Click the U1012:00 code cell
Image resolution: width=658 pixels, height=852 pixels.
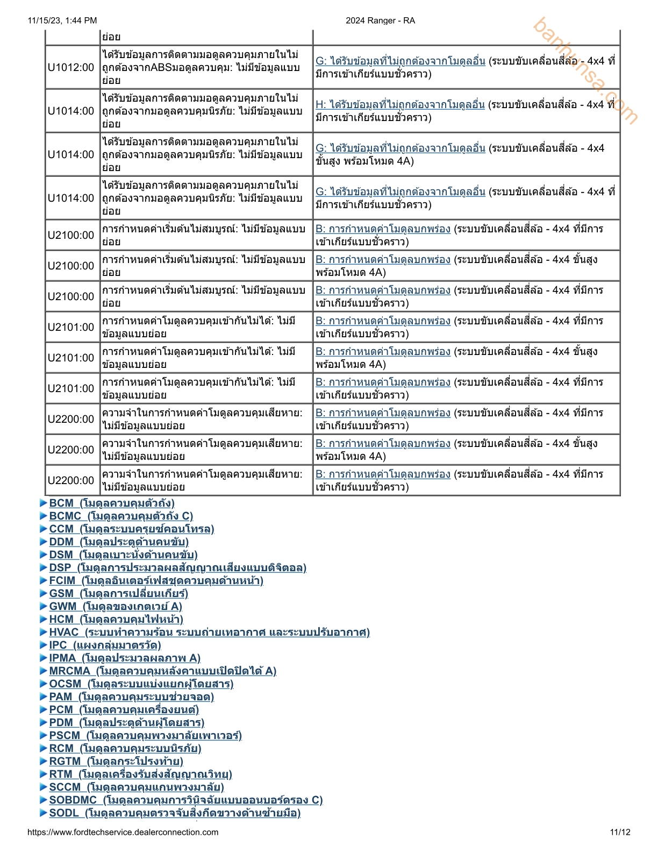pos(71,67)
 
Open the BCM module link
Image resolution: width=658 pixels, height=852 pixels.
pos(111,503)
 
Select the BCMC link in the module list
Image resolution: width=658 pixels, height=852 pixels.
pos(120,516)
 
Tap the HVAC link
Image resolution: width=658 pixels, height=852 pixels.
pos(209,632)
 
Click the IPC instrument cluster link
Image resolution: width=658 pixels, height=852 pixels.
pos(105,645)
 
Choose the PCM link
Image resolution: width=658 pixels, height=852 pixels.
pos(124,709)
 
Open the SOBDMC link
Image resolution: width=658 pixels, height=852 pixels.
pos(185,800)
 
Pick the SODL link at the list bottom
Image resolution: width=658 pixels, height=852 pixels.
pos(174,813)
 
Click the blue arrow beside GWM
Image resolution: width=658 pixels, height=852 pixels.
pos(44,606)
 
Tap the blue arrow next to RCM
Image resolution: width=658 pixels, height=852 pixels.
pos(44,748)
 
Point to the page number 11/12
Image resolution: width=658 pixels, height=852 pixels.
pos(620,832)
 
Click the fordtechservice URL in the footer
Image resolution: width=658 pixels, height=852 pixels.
pos(123,832)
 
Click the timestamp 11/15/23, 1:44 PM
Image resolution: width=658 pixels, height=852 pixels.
pos(62,20)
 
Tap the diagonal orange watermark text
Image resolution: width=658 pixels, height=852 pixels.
pos(585,70)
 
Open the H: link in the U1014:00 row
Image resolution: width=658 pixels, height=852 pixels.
pos(400,104)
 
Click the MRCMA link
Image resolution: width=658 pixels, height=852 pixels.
pos(162,671)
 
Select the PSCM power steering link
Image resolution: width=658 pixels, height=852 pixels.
pos(145,735)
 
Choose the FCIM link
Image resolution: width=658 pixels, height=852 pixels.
pos(156,580)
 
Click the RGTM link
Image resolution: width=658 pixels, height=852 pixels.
pos(116,761)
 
